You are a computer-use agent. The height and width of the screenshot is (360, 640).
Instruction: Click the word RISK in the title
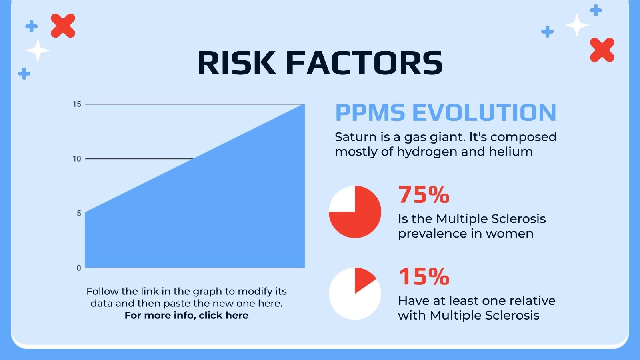[x=237, y=63]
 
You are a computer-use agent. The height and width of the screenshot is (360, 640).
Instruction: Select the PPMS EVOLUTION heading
[x=446, y=112]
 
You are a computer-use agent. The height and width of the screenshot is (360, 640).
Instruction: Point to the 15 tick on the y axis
[x=77, y=104]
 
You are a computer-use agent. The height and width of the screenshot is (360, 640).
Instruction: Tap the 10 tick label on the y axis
[x=77, y=159]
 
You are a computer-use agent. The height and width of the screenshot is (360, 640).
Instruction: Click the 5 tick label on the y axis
[x=79, y=214]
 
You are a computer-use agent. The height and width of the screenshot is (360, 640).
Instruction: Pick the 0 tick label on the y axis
[x=79, y=268]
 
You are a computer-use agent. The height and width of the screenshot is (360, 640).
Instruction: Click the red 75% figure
[x=424, y=194]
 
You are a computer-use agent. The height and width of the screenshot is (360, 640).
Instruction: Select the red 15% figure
[x=424, y=276]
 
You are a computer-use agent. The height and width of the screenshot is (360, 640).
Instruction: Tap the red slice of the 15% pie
[x=364, y=278]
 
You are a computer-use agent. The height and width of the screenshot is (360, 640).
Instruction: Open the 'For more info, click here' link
[x=186, y=316]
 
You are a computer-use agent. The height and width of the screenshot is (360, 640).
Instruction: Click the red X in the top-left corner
[x=63, y=26]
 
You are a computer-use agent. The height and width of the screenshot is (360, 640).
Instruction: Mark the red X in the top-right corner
[x=602, y=50]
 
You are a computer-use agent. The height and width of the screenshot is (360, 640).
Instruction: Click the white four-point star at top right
[x=577, y=25]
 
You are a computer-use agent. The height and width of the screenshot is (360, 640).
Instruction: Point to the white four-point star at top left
[x=38, y=50]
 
